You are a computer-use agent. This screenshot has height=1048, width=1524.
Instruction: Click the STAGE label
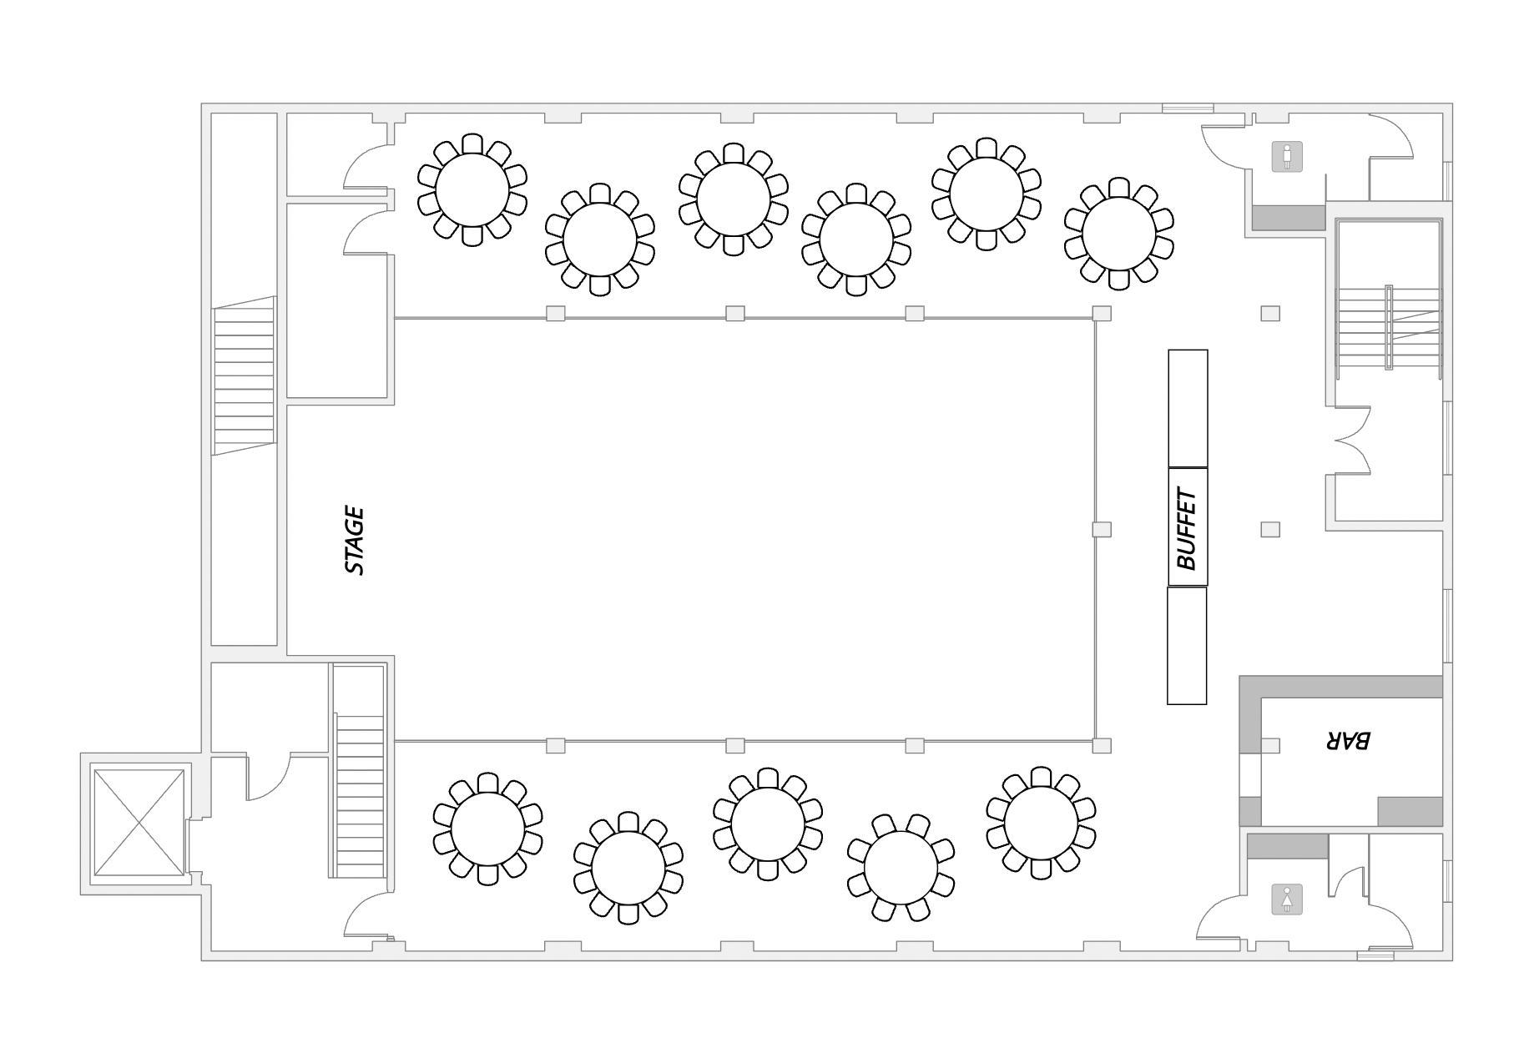355,541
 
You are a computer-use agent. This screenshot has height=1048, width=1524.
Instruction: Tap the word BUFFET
1187,530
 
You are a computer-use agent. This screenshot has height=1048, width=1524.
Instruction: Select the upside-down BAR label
1347,740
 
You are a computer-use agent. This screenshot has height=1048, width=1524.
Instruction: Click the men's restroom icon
1287,157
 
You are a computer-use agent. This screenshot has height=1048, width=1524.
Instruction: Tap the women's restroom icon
1287,899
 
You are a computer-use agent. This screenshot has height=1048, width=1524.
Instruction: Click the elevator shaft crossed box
139,822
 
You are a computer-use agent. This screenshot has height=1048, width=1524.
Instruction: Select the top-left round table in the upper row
472,189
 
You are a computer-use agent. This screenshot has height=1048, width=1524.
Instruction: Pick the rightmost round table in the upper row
1118,233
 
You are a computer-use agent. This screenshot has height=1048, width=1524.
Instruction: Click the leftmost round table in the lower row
487,829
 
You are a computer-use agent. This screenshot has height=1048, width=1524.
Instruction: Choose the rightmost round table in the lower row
1041,823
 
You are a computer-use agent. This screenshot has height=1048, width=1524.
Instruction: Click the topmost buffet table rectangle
1188,408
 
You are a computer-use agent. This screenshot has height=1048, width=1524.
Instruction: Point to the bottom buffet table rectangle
1187,645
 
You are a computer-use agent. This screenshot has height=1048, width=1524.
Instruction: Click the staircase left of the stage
244,375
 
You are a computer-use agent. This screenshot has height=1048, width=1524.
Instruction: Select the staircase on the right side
1389,327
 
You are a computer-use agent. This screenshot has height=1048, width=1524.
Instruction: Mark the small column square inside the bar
1270,745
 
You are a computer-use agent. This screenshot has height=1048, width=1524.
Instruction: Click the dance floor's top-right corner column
1102,313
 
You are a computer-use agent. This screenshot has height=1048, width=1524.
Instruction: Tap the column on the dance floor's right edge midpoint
1102,529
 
